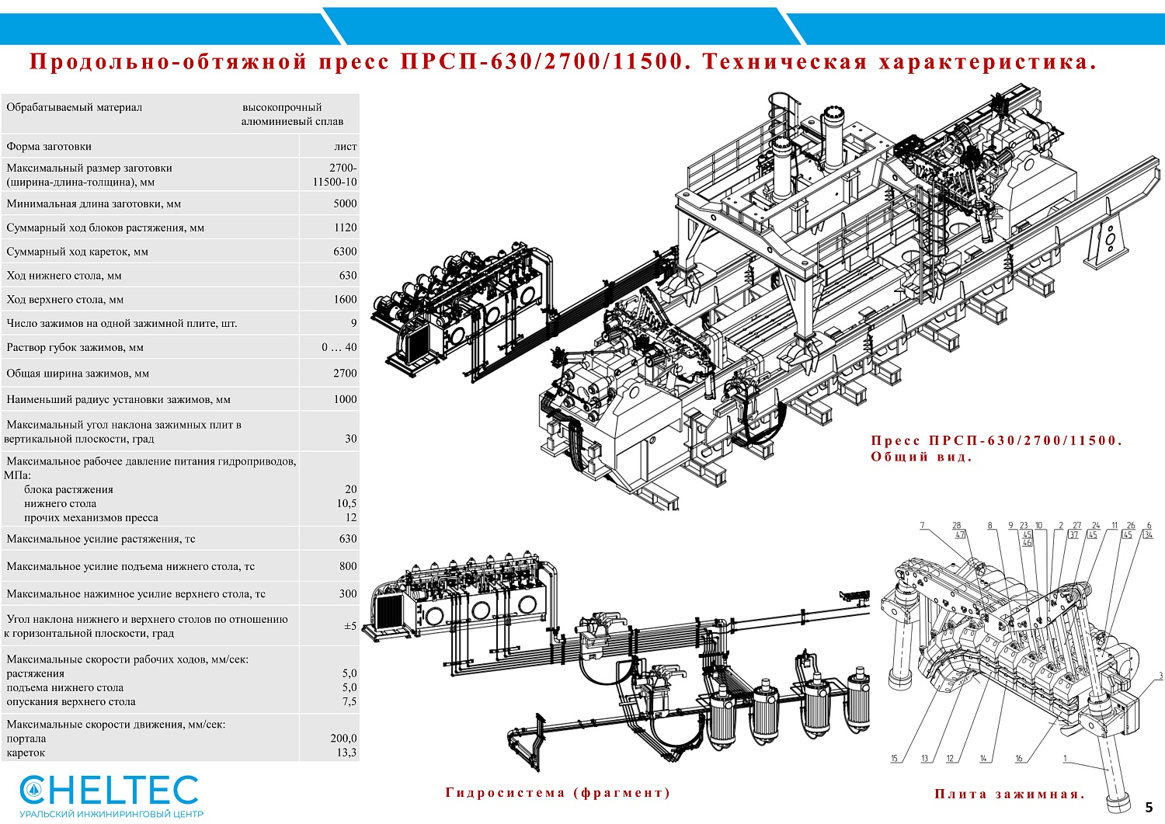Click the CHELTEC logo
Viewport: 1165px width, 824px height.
(x=110, y=790)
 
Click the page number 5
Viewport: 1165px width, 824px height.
(x=1149, y=808)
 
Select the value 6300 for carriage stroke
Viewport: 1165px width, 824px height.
(x=345, y=252)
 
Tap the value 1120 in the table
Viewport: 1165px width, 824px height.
(x=345, y=228)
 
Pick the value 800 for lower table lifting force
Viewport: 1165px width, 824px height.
(x=348, y=566)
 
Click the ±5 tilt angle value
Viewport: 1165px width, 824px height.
(x=350, y=626)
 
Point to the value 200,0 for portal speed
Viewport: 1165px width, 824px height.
(x=343, y=739)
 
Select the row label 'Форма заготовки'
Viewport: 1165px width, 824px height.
(x=49, y=146)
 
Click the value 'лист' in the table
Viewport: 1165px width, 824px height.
(x=345, y=146)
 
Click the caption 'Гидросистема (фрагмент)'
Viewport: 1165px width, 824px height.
(x=558, y=792)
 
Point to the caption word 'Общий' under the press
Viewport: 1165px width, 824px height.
(x=899, y=457)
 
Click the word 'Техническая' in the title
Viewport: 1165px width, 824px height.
(x=784, y=62)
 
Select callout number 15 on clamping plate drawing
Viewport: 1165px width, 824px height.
(x=894, y=759)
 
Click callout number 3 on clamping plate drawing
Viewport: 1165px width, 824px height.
(x=1160, y=676)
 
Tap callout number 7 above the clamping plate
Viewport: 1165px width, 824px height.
(x=922, y=526)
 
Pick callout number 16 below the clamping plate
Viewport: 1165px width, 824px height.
(x=1019, y=759)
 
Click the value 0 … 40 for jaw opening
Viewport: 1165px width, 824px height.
(x=339, y=347)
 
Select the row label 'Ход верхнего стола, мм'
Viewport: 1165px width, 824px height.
(x=65, y=299)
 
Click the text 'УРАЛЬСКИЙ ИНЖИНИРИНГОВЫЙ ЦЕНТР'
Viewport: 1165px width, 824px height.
(x=111, y=814)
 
